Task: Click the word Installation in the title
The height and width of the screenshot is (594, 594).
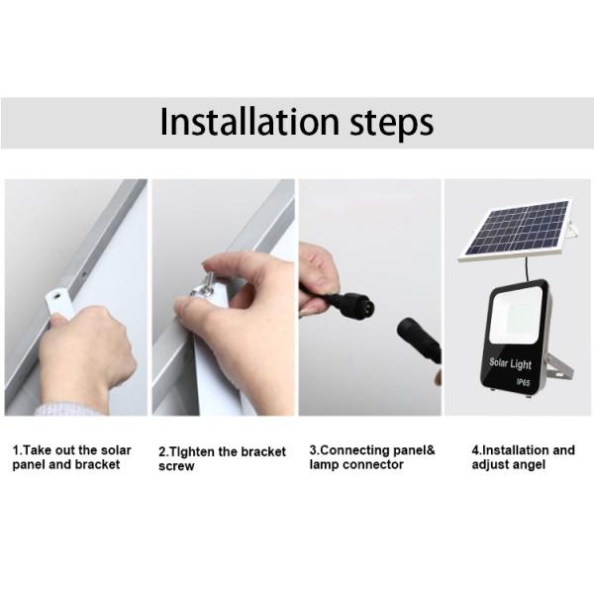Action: click(x=249, y=121)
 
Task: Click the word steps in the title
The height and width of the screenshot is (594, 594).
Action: click(x=392, y=124)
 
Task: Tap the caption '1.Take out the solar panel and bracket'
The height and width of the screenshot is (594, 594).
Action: click(x=71, y=457)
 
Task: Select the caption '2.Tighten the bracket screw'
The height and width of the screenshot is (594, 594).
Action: click(x=222, y=458)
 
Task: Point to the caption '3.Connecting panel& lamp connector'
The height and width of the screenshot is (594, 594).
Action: click(x=372, y=457)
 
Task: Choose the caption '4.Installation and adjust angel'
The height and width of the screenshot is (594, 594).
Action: click(x=523, y=457)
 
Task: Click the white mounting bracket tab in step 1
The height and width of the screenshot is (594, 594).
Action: click(x=58, y=303)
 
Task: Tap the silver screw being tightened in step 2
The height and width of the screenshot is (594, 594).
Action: click(x=203, y=286)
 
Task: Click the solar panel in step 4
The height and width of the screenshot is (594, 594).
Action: click(x=515, y=231)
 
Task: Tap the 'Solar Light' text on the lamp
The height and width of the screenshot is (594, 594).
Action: click(x=510, y=363)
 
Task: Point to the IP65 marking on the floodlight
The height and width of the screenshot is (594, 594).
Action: click(x=523, y=382)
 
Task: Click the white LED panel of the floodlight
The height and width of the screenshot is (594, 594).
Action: click(x=515, y=315)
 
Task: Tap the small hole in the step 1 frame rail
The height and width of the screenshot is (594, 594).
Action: click(x=84, y=273)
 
